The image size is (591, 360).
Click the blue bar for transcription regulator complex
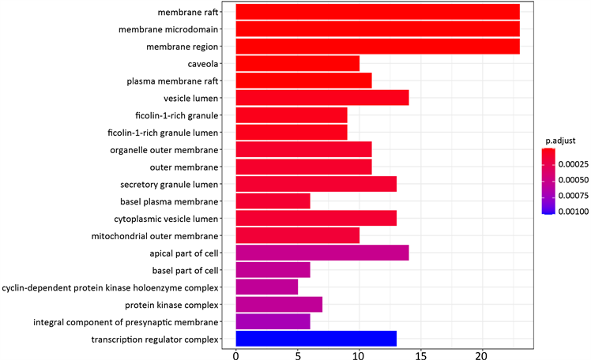click(316, 339)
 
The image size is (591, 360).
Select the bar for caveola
click(298, 64)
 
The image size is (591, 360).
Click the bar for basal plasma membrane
click(273, 201)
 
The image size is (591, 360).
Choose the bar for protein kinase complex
click(279, 305)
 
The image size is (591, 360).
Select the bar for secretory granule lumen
click(316, 184)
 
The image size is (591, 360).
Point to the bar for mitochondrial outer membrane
click(298, 236)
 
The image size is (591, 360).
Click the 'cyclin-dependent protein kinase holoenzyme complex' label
click(110, 287)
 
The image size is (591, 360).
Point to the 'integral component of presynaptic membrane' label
click(126, 322)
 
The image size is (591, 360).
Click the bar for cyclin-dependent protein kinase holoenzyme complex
click(267, 287)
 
